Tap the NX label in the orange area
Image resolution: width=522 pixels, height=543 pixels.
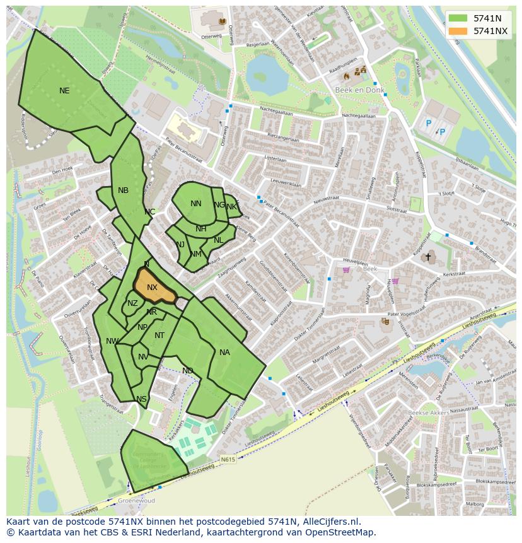tap(152, 288)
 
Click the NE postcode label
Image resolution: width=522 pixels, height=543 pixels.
tap(64, 91)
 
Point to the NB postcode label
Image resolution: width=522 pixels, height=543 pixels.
tap(123, 190)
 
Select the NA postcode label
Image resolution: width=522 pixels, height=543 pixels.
tap(224, 353)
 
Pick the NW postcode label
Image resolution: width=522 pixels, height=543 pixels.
tap(112, 341)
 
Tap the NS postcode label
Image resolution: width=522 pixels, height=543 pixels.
tap(141, 399)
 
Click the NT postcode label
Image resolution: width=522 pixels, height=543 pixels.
tap(159, 336)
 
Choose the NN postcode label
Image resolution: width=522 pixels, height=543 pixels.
tap(196, 204)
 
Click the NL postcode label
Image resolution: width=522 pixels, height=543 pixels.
tap(218, 240)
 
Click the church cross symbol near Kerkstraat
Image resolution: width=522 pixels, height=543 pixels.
tap(428, 257)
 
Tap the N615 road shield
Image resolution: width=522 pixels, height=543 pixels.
tap(228, 460)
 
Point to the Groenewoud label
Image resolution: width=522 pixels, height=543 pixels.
tap(137, 501)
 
